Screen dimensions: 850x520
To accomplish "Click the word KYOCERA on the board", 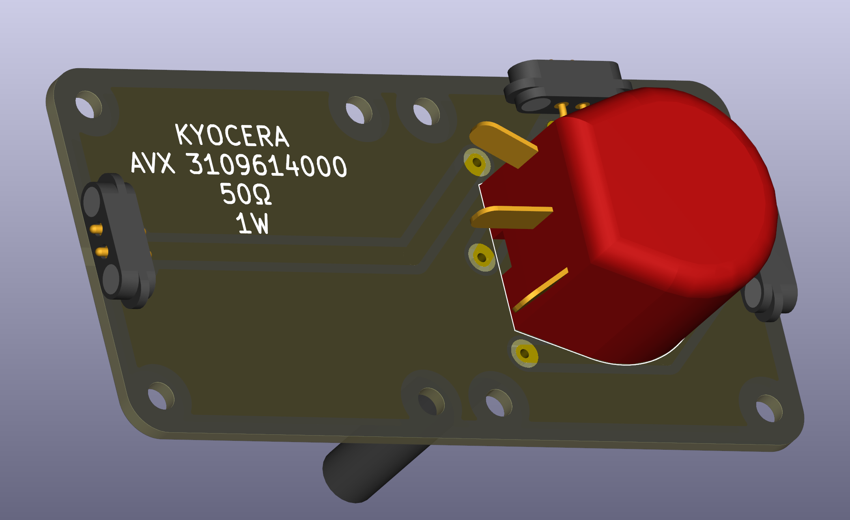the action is (x=232, y=135).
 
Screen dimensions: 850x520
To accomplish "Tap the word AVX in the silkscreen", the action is (x=153, y=163).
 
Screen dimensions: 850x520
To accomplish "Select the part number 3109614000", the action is (x=268, y=165).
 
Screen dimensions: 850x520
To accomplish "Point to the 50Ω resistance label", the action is (x=245, y=194).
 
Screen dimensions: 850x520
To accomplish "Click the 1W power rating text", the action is (x=252, y=223).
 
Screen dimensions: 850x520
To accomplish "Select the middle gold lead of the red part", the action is (x=511, y=217).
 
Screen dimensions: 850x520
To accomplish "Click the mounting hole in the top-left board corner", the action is (x=88, y=105).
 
